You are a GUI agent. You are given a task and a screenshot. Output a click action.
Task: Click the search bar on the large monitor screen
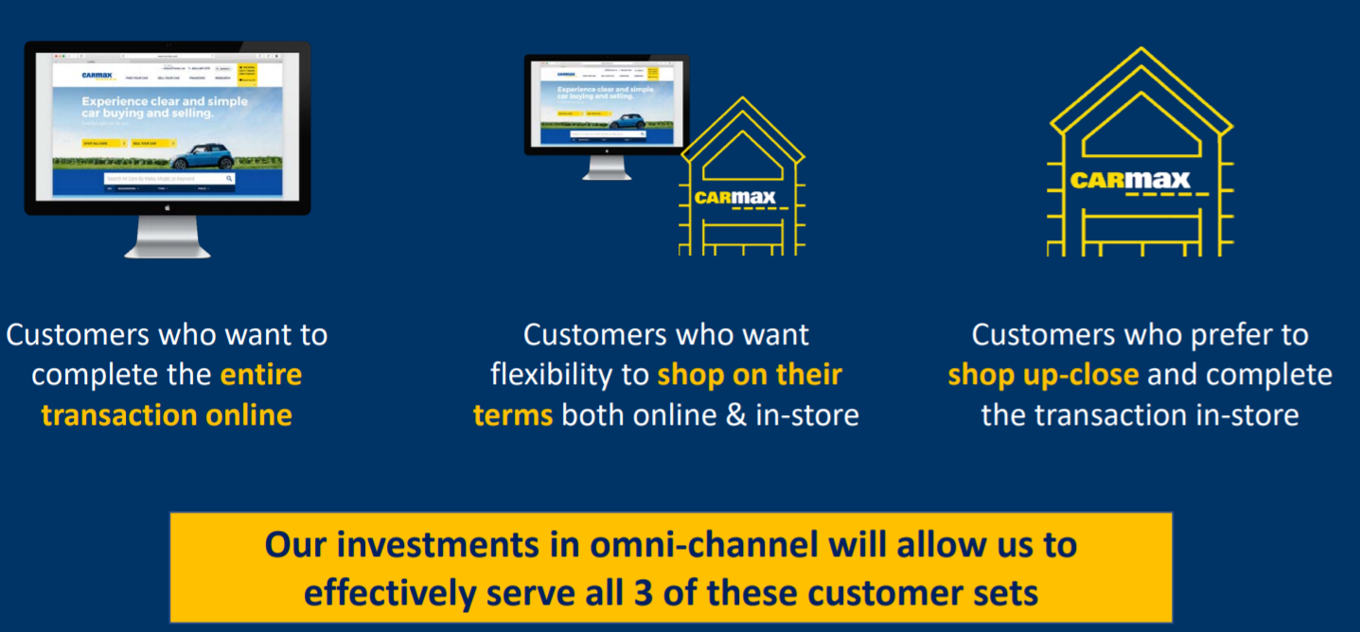(x=168, y=178)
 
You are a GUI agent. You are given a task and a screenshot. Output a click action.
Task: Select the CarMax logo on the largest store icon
(x=1130, y=179)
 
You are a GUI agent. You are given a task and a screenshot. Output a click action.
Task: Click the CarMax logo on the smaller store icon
(x=734, y=198)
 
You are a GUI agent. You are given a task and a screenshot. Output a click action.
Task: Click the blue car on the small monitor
(x=626, y=121)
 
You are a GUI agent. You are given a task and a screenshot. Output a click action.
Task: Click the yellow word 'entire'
(x=261, y=375)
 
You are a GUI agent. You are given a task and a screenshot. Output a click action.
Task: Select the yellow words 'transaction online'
(x=167, y=415)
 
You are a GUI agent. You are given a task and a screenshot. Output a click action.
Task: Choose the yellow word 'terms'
(x=513, y=415)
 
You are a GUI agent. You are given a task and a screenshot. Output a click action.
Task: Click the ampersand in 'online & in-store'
(x=735, y=415)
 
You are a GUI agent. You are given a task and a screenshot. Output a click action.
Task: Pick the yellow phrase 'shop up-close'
(x=1043, y=375)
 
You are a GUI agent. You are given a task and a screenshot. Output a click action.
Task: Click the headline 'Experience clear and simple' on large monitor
(x=165, y=101)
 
